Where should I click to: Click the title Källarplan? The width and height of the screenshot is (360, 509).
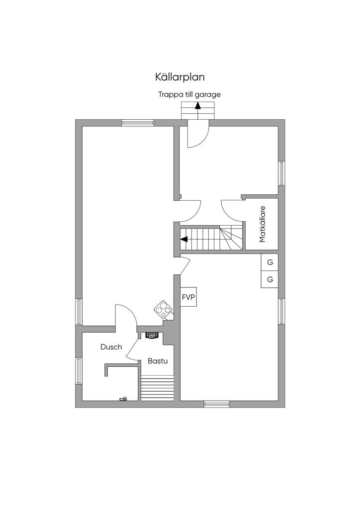pos(180,77)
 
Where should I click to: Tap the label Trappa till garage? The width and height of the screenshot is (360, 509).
pos(189,94)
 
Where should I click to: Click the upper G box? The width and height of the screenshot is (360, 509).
pos(270,262)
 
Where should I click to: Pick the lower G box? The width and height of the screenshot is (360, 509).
pos(270,279)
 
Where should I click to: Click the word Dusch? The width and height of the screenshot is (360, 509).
pos(111,347)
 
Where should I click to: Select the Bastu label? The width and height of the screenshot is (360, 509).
pos(157,361)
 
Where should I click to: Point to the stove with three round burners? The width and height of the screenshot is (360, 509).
pos(163,310)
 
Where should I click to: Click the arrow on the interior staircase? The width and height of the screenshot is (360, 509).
pos(185,239)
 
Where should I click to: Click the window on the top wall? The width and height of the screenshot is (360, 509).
pos(138,123)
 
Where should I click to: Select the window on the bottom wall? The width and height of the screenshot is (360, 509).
pos(217,404)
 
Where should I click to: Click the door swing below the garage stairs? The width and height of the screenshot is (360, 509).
pos(198,136)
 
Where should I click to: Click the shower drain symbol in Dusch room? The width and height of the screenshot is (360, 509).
pos(123,398)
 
